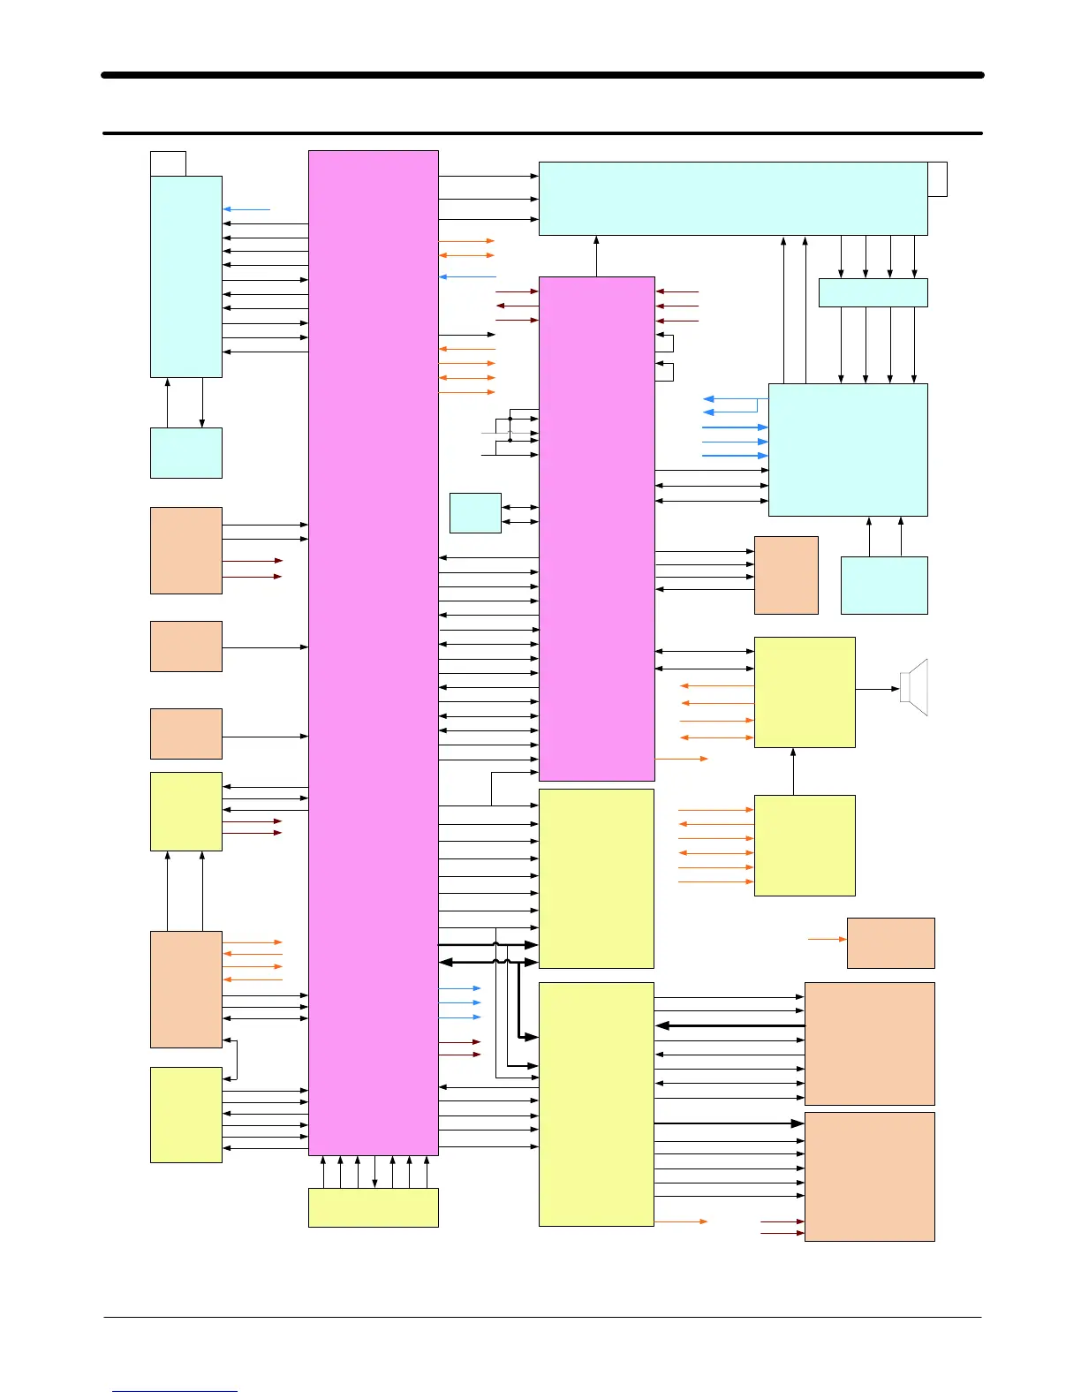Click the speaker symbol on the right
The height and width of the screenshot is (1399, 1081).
click(x=916, y=687)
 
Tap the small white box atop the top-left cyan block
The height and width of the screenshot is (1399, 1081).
click(x=168, y=163)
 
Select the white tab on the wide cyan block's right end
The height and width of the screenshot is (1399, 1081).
click(x=938, y=179)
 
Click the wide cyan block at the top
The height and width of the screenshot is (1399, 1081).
click(x=733, y=199)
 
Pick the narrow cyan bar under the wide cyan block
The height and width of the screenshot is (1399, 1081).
click(x=873, y=292)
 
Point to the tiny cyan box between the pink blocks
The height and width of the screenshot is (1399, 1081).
click(x=475, y=513)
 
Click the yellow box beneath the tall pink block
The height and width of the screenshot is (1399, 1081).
click(x=373, y=1207)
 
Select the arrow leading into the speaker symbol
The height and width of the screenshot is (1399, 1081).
click(x=877, y=689)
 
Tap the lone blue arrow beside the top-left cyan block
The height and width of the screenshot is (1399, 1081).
click(x=246, y=209)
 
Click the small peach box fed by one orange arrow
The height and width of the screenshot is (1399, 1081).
click(x=890, y=942)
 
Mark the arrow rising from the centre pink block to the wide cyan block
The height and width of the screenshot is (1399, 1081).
click(x=597, y=256)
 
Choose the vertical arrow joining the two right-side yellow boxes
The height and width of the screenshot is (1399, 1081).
click(x=793, y=771)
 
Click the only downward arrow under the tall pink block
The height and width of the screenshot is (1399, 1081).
click(x=375, y=1172)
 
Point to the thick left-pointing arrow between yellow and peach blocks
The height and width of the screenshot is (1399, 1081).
click(x=729, y=1025)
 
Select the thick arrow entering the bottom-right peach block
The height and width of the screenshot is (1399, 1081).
click(x=729, y=1123)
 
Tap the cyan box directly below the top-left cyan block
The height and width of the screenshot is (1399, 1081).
click(x=185, y=453)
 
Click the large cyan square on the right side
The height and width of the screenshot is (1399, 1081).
click(x=848, y=450)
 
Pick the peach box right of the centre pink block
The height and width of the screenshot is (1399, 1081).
click(x=786, y=575)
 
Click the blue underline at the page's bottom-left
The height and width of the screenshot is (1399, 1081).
click(x=175, y=1391)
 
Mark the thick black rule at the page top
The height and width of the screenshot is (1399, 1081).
click(x=542, y=75)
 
